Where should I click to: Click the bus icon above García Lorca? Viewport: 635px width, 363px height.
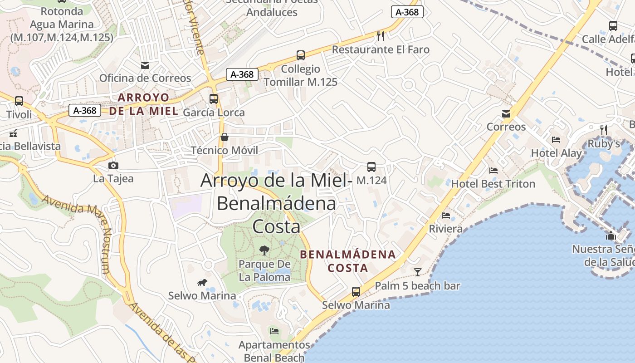coord(214,98)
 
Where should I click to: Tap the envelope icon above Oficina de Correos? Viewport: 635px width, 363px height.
coord(145,65)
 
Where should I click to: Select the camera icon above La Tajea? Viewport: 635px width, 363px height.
coord(113,165)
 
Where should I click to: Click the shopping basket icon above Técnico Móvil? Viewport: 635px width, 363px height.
coord(224,137)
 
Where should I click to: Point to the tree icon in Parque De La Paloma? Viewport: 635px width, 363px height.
coord(264,250)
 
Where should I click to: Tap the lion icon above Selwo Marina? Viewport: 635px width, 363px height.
coord(202,283)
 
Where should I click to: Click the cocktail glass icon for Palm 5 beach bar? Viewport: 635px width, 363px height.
coord(418,272)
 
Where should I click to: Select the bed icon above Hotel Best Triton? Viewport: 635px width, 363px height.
coord(493,171)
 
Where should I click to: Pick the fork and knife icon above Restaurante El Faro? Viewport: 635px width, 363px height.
coord(381,36)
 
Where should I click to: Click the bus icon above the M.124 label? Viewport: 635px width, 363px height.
coord(371,167)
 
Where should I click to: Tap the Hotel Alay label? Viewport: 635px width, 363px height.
coord(556,153)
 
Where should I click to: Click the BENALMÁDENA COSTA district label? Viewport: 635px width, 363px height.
coord(348,261)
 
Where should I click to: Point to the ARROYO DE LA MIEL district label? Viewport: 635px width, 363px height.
coord(144,104)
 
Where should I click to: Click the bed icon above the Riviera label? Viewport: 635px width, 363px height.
coord(446,215)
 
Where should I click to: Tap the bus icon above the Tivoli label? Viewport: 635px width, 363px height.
coord(19,101)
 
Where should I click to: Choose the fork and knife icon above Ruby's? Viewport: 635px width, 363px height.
coord(603,130)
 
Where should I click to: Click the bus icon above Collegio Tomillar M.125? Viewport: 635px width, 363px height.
coord(300,55)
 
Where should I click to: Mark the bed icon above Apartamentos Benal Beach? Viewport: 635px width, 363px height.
coord(274,331)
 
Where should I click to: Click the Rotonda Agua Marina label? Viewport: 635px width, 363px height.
coord(61,25)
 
